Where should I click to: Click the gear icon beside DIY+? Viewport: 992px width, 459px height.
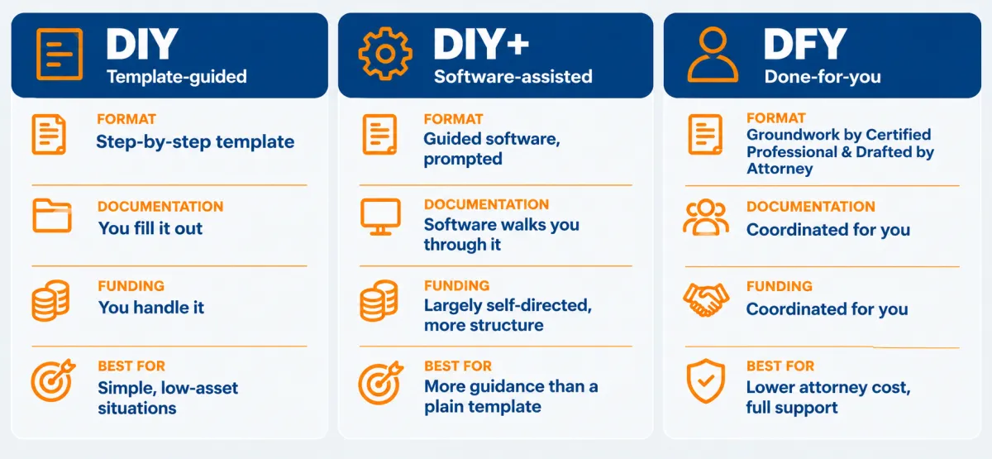pos(385,54)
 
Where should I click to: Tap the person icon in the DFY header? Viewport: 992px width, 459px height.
pos(713,55)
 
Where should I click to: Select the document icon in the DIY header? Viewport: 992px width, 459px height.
pos(60,54)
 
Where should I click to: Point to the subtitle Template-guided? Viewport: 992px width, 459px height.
pos(177,77)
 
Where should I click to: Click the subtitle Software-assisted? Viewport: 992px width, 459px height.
pos(513,77)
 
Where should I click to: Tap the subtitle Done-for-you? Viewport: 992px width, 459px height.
pos(823,77)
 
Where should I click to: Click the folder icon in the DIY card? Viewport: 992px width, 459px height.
pos(52,216)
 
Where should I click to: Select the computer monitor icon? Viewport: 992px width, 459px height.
pos(380,217)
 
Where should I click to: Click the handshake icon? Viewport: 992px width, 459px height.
pos(706,299)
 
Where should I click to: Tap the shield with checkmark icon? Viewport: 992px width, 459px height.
pos(705,381)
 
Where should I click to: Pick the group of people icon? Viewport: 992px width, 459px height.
pos(705,217)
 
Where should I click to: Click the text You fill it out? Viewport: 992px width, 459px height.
pos(150,228)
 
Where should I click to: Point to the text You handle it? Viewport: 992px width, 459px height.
pos(151,308)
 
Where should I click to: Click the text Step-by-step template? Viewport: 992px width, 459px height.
pos(195,141)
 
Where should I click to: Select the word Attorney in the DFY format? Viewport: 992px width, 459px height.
pos(780,169)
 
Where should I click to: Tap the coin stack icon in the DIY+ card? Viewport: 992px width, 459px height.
pos(379,300)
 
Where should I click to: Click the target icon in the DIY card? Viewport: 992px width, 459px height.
pos(53,380)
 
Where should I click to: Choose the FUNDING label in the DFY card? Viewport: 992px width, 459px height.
pos(780,286)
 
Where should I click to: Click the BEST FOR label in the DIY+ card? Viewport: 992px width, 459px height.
pos(458,366)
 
